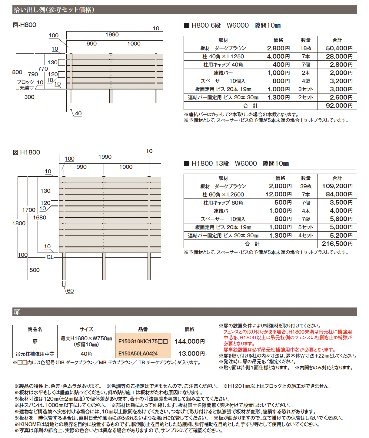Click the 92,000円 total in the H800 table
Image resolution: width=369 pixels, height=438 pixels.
click(x=339, y=106)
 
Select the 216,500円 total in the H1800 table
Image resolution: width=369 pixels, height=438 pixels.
click(x=337, y=244)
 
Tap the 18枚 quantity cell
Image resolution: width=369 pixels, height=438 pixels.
click(x=306, y=48)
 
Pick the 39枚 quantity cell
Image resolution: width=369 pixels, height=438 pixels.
click(x=306, y=186)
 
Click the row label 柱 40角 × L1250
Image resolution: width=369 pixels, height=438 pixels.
click(x=223, y=56)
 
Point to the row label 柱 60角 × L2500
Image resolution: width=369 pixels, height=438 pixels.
click(x=223, y=195)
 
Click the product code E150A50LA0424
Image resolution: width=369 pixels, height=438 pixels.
click(x=138, y=354)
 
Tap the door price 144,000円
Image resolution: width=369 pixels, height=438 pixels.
click(x=189, y=341)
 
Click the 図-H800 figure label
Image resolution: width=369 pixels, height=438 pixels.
click(x=25, y=25)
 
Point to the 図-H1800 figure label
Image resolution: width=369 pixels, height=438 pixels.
click(x=26, y=152)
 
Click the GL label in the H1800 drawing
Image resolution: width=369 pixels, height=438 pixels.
click(x=50, y=257)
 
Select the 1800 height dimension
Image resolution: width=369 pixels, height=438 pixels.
click(x=19, y=223)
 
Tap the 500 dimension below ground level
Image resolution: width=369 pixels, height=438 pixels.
click(x=35, y=270)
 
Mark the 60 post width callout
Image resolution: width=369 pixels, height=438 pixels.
click(x=70, y=291)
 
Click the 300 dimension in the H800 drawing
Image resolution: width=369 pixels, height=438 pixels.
click(x=29, y=97)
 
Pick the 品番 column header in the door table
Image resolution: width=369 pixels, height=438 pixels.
click(x=143, y=329)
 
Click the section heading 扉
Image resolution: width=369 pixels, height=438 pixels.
click(x=17, y=312)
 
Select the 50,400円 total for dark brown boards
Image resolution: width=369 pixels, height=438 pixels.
click(x=339, y=48)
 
